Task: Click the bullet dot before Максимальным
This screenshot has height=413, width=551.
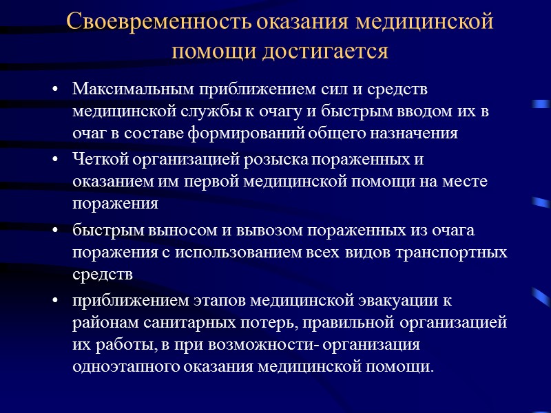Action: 55,90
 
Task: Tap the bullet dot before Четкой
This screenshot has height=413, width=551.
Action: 55,161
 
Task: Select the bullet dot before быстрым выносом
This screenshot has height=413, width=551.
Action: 55,231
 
